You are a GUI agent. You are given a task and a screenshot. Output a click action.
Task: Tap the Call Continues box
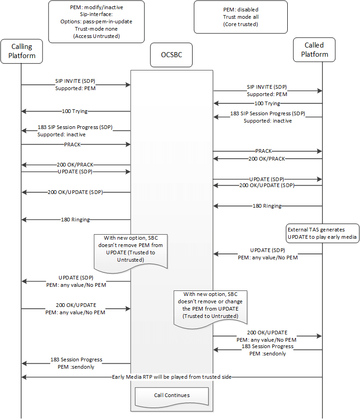(172, 395)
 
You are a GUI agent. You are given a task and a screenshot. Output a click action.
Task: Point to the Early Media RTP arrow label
(172, 377)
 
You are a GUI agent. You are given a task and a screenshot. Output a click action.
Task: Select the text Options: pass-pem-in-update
(96, 21)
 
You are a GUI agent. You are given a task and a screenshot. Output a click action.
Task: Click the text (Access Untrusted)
(96, 36)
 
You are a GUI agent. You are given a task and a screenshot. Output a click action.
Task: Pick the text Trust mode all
(241, 16)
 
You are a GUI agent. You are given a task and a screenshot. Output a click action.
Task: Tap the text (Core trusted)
(241, 24)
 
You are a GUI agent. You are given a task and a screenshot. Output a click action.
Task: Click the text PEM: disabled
(241, 9)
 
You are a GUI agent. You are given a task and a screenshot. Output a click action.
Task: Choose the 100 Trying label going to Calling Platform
(75, 111)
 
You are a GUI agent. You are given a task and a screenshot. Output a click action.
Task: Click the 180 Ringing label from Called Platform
(267, 206)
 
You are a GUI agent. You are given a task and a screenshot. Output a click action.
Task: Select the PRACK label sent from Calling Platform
(75, 144)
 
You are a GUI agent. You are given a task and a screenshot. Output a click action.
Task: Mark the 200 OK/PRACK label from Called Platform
(267, 158)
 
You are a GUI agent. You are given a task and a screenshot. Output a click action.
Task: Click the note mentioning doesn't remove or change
(213, 305)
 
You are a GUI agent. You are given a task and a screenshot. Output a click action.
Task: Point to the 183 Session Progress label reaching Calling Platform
(76, 360)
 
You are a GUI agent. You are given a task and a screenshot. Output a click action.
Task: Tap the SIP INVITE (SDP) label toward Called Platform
(267, 87)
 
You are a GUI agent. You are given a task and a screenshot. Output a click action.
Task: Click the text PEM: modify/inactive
(96, 7)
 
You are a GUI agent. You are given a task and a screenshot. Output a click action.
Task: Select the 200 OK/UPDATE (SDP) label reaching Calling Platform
(75, 192)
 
